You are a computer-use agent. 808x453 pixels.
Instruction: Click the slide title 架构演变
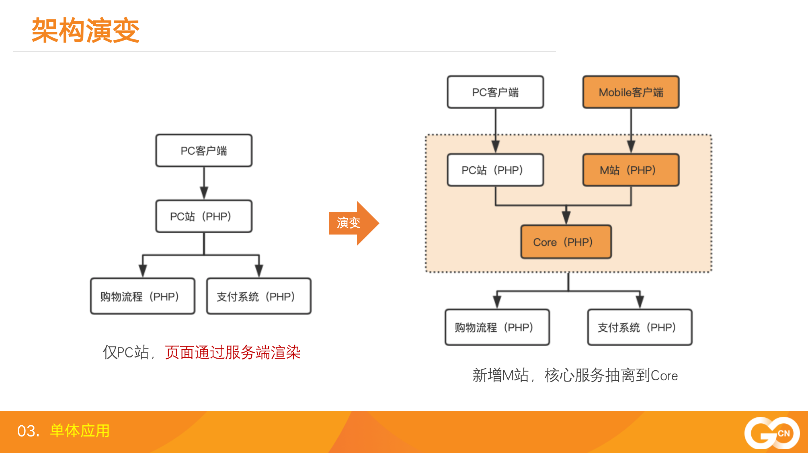(85, 31)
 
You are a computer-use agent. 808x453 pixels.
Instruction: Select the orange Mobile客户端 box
(631, 92)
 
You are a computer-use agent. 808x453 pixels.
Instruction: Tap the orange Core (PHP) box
(566, 242)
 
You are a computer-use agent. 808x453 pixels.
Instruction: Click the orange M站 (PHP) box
(631, 170)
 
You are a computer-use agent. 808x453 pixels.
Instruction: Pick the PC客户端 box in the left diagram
(204, 151)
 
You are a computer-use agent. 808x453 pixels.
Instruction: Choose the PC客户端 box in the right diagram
(495, 92)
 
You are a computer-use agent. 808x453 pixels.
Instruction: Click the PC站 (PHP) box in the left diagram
(204, 216)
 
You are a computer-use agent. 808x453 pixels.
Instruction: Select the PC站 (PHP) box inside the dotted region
(495, 170)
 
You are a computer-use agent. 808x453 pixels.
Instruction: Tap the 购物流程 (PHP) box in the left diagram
(143, 296)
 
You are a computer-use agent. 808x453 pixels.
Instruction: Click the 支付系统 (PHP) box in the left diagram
(259, 296)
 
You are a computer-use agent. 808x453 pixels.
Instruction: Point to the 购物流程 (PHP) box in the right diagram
(497, 327)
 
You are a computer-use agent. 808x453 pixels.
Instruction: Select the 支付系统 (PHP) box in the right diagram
(640, 327)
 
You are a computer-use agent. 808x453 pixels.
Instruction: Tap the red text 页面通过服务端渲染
(233, 353)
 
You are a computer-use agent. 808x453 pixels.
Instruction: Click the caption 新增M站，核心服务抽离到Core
(575, 375)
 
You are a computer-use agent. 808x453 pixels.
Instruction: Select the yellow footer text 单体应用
(80, 431)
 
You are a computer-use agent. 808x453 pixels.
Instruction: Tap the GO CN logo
(772, 433)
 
